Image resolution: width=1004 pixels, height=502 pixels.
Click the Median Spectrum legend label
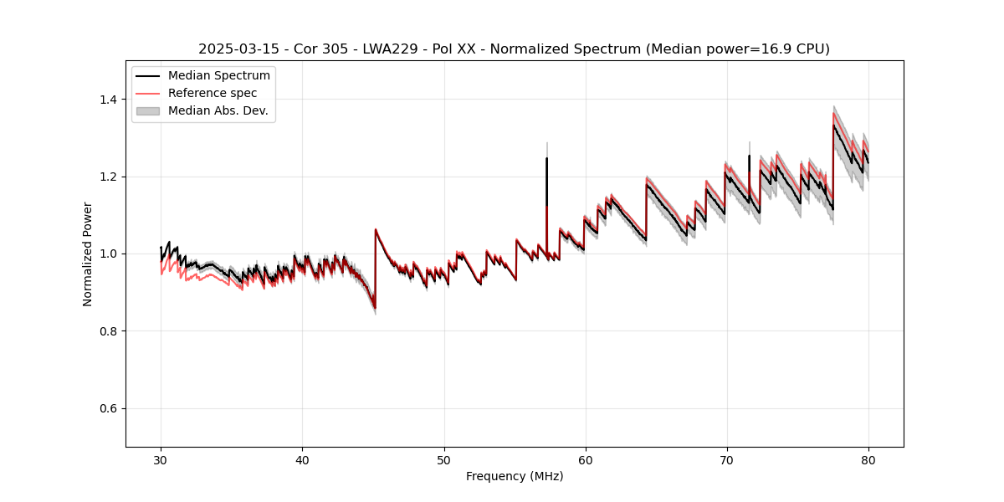[219, 76]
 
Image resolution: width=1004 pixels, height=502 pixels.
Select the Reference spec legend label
[213, 93]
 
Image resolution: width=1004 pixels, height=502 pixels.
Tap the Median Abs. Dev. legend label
[218, 110]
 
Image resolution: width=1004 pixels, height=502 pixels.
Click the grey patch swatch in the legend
[150, 110]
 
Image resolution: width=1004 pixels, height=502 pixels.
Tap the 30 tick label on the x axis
[161, 459]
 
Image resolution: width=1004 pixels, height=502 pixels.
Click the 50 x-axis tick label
[444, 459]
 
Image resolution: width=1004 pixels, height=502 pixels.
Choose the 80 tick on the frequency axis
[868, 459]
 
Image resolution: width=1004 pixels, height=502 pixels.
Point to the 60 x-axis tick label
[586, 459]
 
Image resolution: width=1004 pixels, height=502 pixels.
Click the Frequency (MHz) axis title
[515, 476]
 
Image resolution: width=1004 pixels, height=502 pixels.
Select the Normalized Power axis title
[88, 254]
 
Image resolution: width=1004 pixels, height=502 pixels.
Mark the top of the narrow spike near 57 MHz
[546, 158]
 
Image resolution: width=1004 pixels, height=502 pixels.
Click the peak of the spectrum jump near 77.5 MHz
[833, 126]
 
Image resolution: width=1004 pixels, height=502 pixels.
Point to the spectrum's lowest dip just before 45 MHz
[374, 307]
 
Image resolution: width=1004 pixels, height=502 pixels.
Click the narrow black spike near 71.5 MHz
[749, 156]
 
